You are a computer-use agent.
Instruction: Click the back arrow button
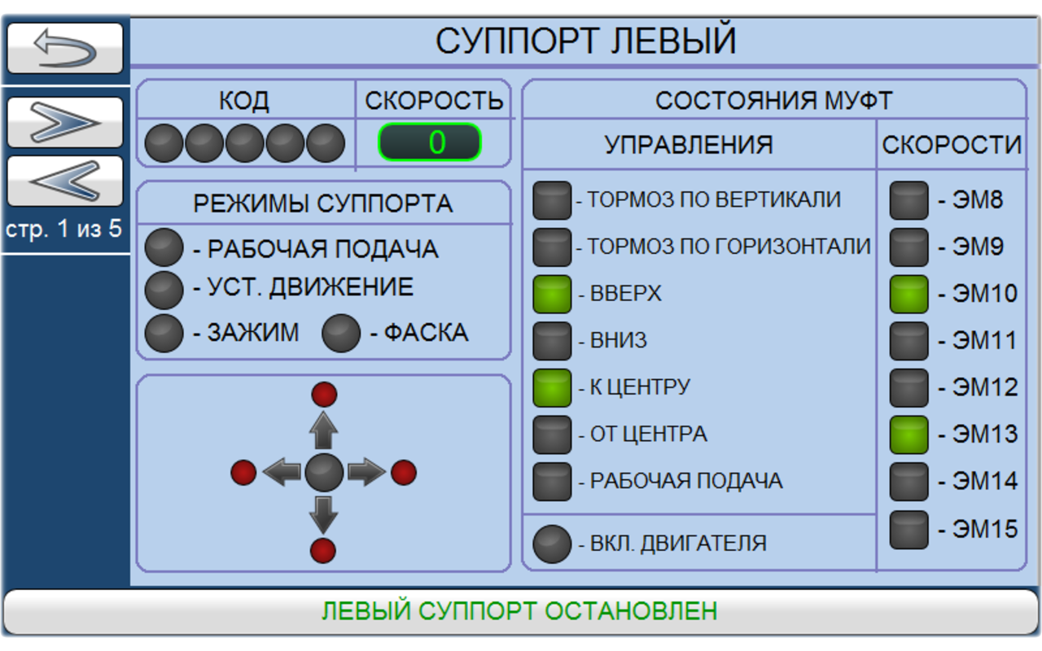(65, 49)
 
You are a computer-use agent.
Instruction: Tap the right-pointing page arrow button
(65, 122)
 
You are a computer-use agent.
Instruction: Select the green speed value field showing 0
(430, 142)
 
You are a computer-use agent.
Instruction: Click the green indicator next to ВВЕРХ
(552, 294)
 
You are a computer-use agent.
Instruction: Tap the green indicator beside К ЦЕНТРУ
(552, 387)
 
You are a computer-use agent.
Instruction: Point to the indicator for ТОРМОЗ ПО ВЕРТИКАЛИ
(552, 200)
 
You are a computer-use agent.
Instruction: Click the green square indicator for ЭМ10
(908, 294)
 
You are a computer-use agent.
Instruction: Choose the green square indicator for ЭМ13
(908, 435)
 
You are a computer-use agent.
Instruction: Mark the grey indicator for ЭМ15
(908, 529)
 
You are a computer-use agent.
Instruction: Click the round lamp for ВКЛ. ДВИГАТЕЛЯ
(552, 544)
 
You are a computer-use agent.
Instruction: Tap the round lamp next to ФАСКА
(341, 333)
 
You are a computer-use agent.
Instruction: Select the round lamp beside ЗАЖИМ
(164, 333)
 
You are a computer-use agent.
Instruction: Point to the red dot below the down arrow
(323, 550)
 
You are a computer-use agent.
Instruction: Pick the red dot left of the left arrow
(243, 472)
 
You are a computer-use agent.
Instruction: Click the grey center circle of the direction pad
(324, 472)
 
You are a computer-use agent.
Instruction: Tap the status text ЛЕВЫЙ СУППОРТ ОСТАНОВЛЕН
(519, 610)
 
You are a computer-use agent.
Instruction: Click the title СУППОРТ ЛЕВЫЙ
(585, 41)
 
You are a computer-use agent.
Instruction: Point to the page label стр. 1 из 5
(63, 229)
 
